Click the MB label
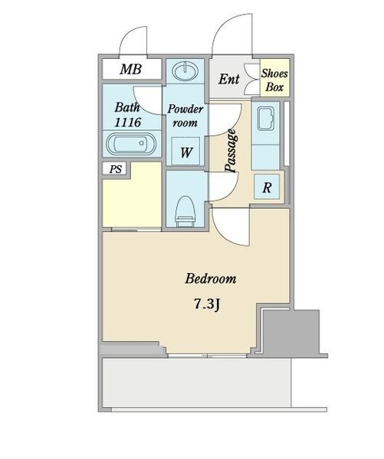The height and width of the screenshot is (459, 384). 131,70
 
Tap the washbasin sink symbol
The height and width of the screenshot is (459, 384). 185,71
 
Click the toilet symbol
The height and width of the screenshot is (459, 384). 185,212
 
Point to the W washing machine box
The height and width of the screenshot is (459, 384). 186,151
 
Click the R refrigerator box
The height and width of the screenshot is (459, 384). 267,187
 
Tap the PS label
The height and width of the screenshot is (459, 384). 115,169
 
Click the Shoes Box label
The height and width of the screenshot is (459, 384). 274,80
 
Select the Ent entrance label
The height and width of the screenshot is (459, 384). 229,79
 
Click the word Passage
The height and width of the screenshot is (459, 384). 231,150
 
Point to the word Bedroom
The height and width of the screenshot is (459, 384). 210,278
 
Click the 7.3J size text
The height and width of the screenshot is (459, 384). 207,304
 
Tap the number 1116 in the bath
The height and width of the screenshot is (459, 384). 127,122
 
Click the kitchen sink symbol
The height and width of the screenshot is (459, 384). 266,119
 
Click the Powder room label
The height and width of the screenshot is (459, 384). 185,116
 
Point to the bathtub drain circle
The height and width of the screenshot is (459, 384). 142,143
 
